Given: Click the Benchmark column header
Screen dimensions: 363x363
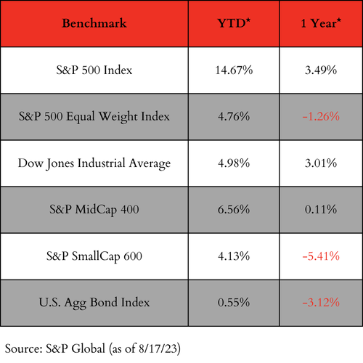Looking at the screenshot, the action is coord(94,23).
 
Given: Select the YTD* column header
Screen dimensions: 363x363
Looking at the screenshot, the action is coord(234,23).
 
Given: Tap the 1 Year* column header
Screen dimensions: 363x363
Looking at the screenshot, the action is coord(321,23).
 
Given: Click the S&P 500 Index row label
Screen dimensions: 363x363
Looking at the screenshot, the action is coord(94,70).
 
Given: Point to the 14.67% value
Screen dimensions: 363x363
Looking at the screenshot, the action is coord(234,70).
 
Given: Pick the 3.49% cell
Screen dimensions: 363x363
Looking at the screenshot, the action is coord(321,70).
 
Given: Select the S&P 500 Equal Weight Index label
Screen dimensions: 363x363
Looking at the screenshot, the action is coord(94,117).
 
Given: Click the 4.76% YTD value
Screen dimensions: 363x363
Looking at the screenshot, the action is coord(234,117).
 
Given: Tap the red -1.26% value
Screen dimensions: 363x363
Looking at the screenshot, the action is coord(321,117).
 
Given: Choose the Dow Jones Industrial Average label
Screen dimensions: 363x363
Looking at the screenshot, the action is coord(94,163).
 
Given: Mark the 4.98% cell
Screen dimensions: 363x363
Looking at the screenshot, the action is coord(234,163).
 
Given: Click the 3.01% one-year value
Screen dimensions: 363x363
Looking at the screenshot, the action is coord(321,163).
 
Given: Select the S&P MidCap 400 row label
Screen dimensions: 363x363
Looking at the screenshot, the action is coord(94,210).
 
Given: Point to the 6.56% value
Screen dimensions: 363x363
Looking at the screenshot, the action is coord(234,210).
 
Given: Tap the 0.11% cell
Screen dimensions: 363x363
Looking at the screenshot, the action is coord(321,210).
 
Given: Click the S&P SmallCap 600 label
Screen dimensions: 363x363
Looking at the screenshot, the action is coord(94,256).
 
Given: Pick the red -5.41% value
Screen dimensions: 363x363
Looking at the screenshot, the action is coord(321,256).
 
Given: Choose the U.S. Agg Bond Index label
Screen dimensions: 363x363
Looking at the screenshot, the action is coord(94,303).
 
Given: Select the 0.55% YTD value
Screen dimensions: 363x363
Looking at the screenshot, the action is coord(234,303).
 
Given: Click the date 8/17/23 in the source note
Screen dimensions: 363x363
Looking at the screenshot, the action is coord(158,348).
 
